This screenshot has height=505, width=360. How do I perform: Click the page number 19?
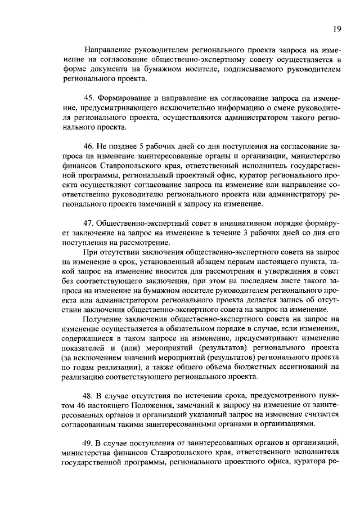(336, 29)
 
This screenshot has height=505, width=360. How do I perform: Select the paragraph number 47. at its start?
(89, 221)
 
